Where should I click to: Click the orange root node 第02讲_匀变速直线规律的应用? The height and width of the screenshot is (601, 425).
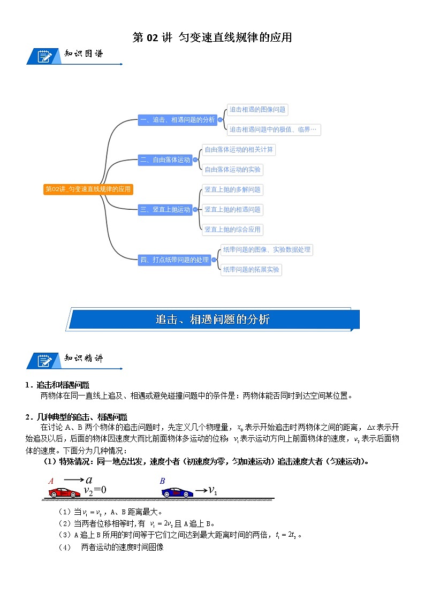coord(88,189)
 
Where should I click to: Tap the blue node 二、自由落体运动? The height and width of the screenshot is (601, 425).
coord(165,159)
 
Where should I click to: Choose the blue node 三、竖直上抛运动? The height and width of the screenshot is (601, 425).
coord(165,210)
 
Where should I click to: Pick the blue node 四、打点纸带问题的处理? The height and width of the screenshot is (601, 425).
coord(174,260)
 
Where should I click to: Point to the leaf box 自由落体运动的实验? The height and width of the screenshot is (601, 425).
coord(233,170)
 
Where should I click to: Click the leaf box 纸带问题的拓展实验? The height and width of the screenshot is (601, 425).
coord(251,270)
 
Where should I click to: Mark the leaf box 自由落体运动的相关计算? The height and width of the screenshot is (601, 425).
coord(239,149)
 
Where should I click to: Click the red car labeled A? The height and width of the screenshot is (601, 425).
coord(64,492)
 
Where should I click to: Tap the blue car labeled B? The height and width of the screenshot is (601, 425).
coord(177,492)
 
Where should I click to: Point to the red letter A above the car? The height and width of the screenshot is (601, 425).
coord(51,481)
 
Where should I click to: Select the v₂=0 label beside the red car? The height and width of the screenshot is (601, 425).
coord(95,490)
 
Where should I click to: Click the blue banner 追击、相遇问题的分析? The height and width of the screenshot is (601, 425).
coord(212,319)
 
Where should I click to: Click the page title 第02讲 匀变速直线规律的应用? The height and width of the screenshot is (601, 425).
coord(212,37)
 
